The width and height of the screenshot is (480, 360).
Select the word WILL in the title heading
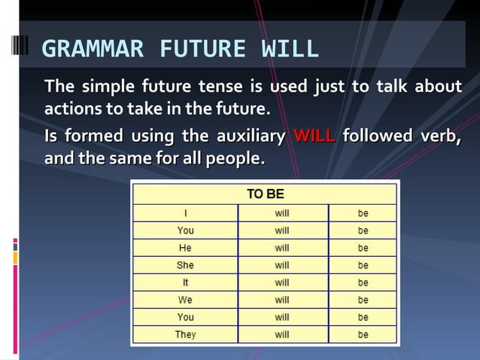[290, 49]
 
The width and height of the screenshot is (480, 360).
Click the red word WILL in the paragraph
[314, 136]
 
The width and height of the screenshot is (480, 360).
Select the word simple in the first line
[108, 87]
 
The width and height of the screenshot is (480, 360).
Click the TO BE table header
[265, 194]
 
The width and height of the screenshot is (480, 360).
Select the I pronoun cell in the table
[185, 213]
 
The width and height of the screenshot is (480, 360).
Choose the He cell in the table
[185, 248]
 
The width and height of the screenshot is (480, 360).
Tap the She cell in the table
[185, 265]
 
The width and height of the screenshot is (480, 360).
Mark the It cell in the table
[185, 282]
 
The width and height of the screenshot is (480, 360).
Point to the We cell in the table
[185, 300]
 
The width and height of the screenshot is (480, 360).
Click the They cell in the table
[185, 334]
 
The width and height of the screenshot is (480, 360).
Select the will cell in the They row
[282, 334]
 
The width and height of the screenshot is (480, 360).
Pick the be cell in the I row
[363, 213]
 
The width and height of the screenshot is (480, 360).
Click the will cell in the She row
[282, 265]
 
